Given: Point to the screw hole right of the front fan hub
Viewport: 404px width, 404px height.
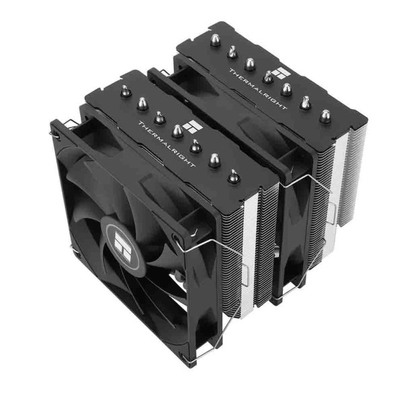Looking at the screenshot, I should pyautogui.click(x=176, y=239).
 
